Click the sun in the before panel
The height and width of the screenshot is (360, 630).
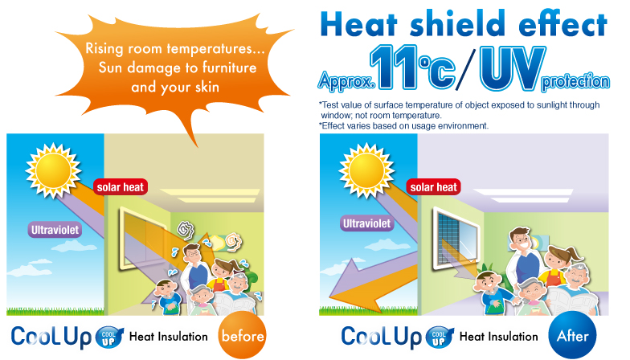[53, 170]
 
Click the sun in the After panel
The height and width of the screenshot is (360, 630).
[366, 170]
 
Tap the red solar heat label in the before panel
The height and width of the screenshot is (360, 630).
[121, 187]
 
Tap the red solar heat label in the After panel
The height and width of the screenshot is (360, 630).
[434, 187]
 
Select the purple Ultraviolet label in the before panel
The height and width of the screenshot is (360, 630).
[55, 230]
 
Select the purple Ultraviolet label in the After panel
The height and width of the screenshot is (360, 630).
[366, 223]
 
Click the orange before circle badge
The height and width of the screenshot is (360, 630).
[243, 336]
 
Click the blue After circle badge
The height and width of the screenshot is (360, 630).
[572, 336]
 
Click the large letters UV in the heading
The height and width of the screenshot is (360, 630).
[513, 68]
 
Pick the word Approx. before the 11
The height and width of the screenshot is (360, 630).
[346, 80]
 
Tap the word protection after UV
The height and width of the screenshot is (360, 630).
[575, 81]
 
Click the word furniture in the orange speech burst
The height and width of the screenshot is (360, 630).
[230, 67]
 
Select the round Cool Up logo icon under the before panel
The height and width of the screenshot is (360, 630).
[109, 337]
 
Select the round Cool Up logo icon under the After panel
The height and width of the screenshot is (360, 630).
[440, 337]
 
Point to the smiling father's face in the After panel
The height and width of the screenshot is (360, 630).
[520, 241]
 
